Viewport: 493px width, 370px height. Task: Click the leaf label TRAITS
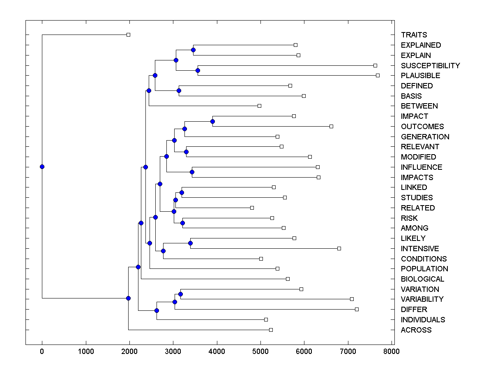click(x=414, y=35)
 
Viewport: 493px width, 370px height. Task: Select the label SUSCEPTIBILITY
click(x=430, y=66)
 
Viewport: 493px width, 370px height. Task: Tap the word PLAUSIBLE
click(x=420, y=76)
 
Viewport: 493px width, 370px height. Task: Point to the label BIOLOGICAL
click(x=422, y=279)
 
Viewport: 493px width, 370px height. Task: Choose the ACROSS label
click(x=416, y=330)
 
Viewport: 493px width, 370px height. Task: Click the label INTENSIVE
click(x=420, y=249)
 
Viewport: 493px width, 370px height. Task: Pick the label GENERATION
click(x=425, y=137)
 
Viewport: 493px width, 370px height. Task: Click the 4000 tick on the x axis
click(x=217, y=351)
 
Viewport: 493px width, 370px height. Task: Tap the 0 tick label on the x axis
click(x=42, y=351)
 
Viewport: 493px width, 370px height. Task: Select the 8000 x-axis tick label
click(x=392, y=351)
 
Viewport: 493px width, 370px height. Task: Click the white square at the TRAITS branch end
click(x=128, y=35)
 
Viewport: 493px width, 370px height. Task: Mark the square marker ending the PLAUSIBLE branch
click(x=378, y=75)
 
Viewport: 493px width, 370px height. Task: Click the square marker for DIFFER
click(x=357, y=309)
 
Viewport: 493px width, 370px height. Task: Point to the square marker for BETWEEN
click(x=259, y=106)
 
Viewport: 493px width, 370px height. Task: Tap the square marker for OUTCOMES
click(x=331, y=126)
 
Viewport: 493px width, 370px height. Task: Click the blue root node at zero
click(x=42, y=166)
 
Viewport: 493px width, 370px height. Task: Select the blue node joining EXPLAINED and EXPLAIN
click(x=193, y=50)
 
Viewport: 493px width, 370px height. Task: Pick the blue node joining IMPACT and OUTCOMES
click(x=212, y=121)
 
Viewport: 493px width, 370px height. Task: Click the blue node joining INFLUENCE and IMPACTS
click(x=192, y=172)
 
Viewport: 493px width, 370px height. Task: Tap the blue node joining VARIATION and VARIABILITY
click(x=180, y=294)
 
